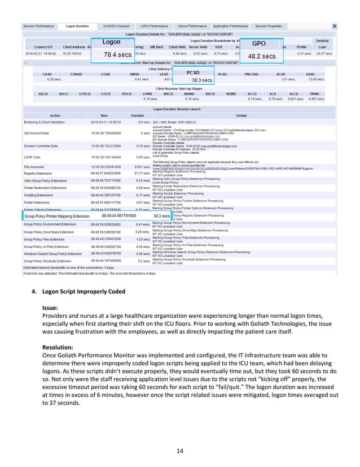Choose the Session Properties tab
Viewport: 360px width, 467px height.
(269, 26)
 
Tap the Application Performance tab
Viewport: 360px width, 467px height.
(230, 26)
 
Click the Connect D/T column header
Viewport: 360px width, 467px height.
(44, 46)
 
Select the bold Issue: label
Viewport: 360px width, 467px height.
(51, 308)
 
